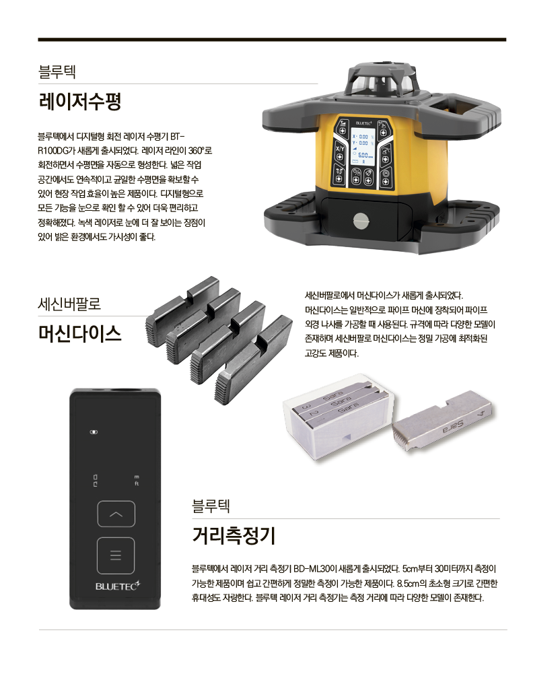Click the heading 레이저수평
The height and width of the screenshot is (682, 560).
tap(80, 102)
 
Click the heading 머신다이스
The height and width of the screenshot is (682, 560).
tap(80, 334)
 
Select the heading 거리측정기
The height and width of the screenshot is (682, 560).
tap(234, 535)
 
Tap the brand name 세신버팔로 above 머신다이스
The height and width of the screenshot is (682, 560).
tap(69, 304)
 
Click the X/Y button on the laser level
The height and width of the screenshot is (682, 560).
tap(339, 148)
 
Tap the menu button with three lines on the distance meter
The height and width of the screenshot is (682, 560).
tap(116, 556)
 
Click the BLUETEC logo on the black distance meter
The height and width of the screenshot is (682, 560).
tap(118, 586)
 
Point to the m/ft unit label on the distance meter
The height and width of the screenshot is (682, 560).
tap(137, 481)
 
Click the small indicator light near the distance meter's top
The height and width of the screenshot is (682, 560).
tap(94, 432)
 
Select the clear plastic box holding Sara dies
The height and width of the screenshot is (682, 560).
tap(339, 416)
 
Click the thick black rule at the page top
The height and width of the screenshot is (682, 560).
tap(272, 40)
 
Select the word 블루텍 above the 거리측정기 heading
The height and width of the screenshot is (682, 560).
tap(211, 506)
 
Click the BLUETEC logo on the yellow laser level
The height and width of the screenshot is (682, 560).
tap(364, 123)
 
